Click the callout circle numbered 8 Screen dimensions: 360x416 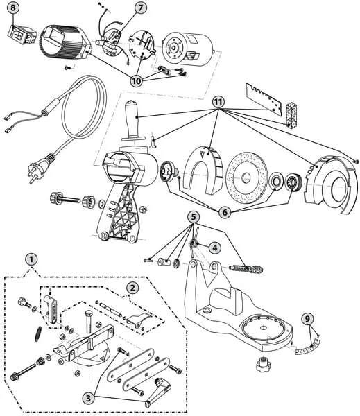[x=13, y=8]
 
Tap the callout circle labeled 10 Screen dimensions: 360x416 [x=137, y=80]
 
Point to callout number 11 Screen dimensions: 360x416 [x=218, y=102]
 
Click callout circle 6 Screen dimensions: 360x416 [x=225, y=212]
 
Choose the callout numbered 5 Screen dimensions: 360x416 [x=194, y=217]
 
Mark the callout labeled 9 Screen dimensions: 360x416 [x=307, y=318]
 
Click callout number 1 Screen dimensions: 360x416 [x=31, y=259]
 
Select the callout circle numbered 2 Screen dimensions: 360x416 [x=132, y=288]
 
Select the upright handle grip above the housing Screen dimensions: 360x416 [x=133, y=121]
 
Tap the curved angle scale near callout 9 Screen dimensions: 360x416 [x=307, y=347]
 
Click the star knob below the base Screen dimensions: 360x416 [x=263, y=364]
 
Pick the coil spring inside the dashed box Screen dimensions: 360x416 [x=37, y=333]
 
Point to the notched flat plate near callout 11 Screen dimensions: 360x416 [x=264, y=100]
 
